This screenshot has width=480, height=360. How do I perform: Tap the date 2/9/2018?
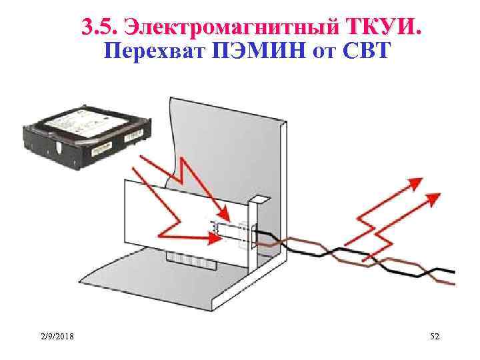coord(56,338)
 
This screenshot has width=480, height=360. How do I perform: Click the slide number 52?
coord(435,338)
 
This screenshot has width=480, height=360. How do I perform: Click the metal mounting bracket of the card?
coord(253,233)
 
